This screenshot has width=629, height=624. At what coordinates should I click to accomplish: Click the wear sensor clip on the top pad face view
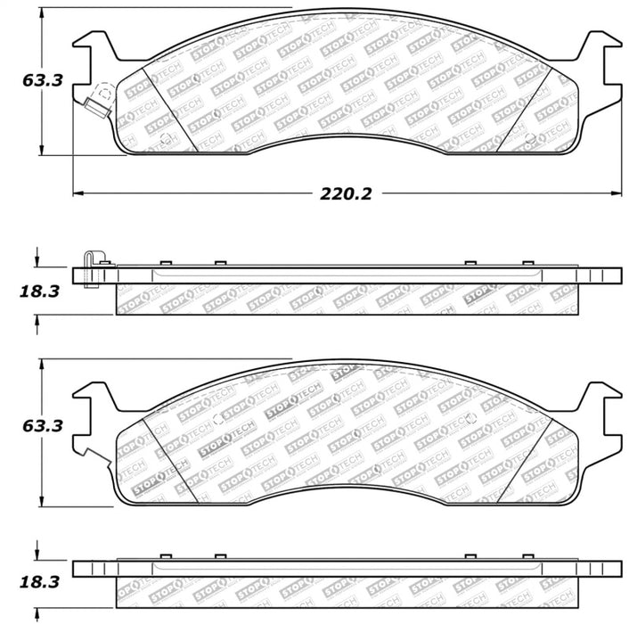95,99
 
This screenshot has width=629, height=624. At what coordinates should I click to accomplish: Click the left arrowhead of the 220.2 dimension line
78,192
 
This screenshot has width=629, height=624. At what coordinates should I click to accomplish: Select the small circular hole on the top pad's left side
166,137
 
